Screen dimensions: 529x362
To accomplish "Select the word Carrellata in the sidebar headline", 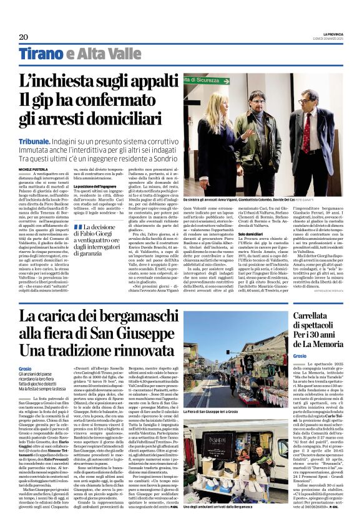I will click(295, 315).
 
